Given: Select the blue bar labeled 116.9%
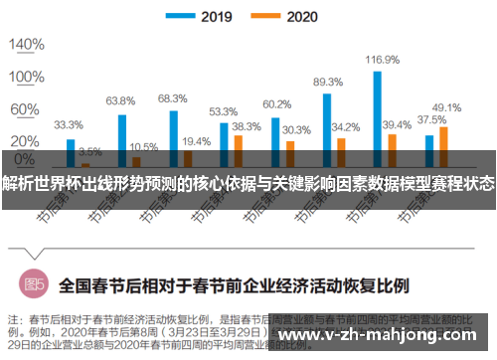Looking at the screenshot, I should pos(378,109).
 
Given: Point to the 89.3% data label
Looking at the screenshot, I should pos(328,82).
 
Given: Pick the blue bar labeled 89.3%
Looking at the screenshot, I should pos(327,120).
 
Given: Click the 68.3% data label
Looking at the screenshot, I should pos(172,98).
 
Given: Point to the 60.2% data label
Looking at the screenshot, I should pos(276,104).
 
